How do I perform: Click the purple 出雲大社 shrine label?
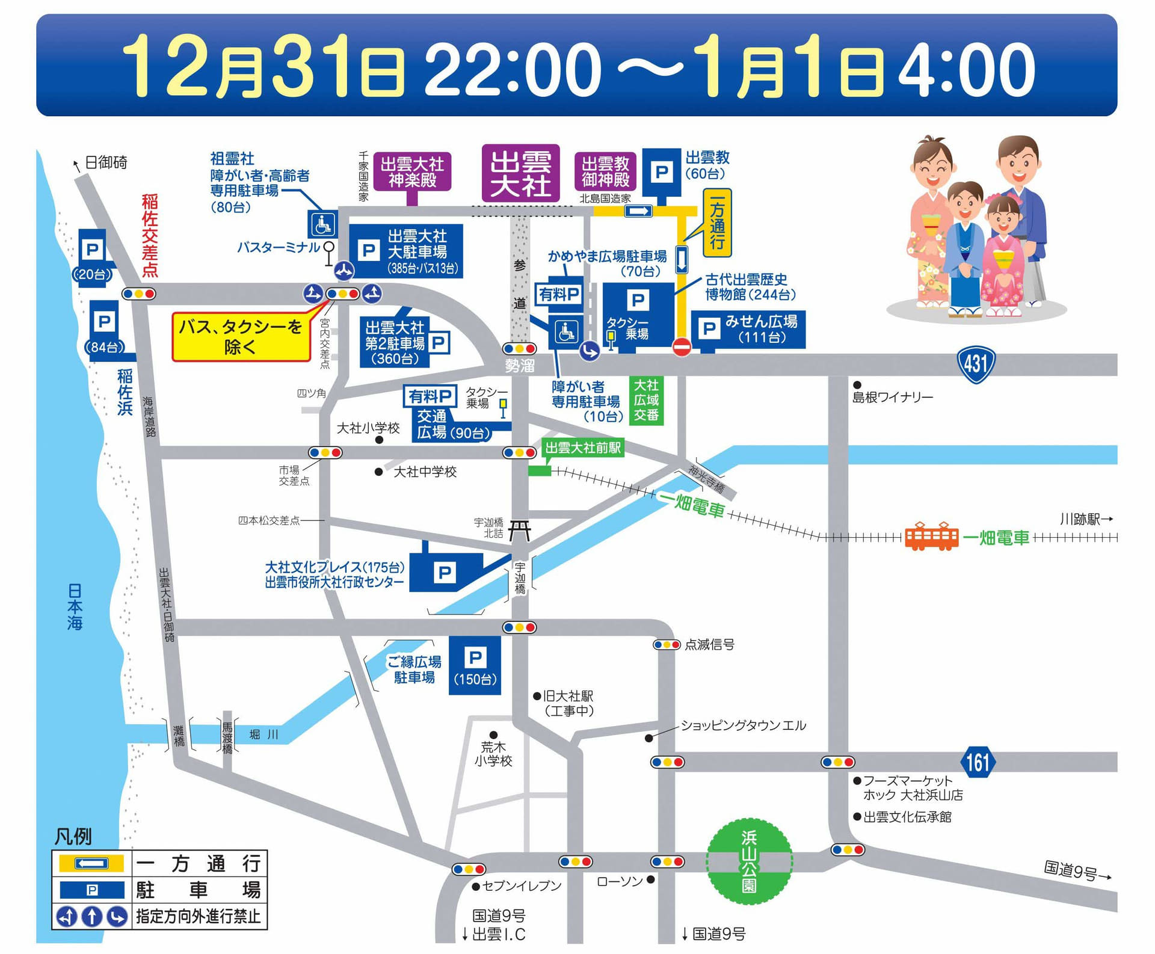click(520, 173)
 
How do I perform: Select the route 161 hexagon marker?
click(978, 762)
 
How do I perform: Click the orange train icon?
click(931, 536)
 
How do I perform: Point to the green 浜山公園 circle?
click(749, 861)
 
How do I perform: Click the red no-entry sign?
click(681, 347)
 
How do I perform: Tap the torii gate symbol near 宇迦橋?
click(520, 531)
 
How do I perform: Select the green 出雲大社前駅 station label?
click(582, 448)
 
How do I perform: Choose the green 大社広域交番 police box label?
click(646, 400)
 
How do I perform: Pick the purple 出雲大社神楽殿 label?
click(412, 172)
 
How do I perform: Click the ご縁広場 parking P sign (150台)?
click(475, 665)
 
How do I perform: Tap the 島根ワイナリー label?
click(893, 397)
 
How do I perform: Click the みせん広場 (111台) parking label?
click(748, 329)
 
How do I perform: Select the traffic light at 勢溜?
click(519, 349)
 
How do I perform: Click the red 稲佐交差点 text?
click(150, 235)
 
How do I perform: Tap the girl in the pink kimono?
click(1002, 259)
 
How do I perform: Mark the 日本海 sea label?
click(75, 606)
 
